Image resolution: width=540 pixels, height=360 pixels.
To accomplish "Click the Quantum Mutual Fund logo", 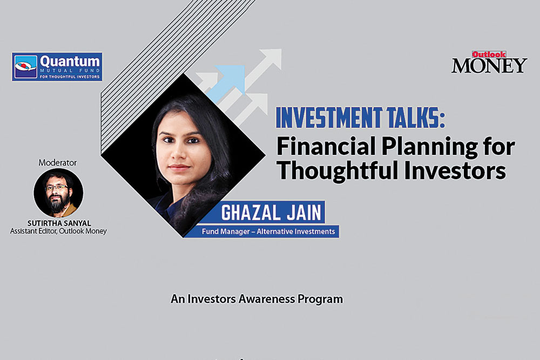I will click(x=57, y=66).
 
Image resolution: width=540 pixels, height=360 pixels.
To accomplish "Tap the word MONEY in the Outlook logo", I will click(x=489, y=65).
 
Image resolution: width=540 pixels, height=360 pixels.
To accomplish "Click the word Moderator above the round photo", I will click(x=58, y=162).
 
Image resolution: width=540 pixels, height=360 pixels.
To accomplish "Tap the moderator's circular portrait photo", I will click(x=58, y=193).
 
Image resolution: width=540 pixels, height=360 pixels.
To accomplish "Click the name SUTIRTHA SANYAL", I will click(x=58, y=223).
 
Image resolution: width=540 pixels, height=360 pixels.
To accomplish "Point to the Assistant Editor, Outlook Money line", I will click(x=58, y=232).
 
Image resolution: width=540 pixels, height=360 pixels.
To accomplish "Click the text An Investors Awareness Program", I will click(x=256, y=298).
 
